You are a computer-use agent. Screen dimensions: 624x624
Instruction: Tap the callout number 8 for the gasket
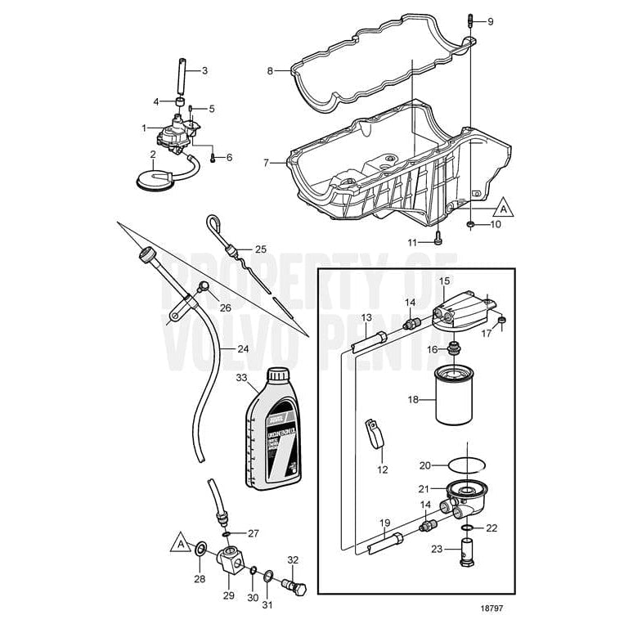coord(269,72)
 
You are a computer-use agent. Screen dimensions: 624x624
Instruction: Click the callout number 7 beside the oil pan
coord(267,164)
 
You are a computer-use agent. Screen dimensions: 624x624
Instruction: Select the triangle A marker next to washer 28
coord(179,542)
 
